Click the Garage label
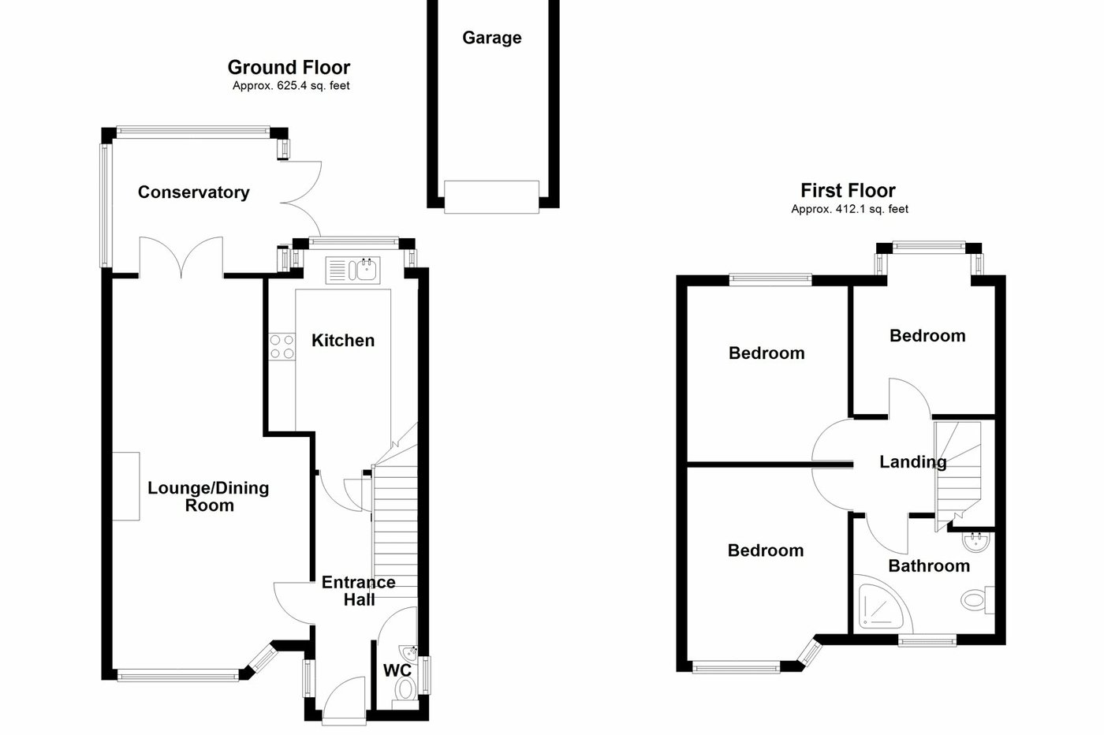(x=491, y=38)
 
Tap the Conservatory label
(x=193, y=192)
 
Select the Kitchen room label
(x=343, y=341)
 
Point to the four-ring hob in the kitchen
(x=282, y=347)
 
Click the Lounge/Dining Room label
(x=209, y=497)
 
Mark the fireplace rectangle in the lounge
(x=125, y=486)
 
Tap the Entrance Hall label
(x=359, y=591)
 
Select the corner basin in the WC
(x=409, y=653)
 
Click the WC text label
(x=397, y=671)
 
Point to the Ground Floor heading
(x=289, y=68)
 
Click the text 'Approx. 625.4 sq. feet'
(x=291, y=86)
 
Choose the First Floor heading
(x=848, y=190)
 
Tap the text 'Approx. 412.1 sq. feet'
(x=849, y=209)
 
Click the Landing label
(x=912, y=462)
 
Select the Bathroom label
(x=928, y=565)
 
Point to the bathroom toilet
(x=978, y=599)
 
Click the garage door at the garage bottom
(x=491, y=196)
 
